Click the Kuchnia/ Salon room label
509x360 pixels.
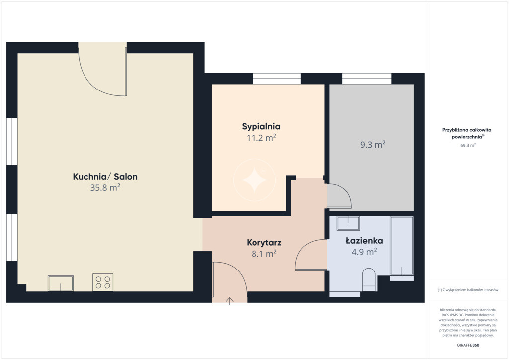click(x=105, y=177)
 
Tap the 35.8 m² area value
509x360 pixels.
click(x=105, y=188)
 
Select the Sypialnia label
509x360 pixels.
click(x=261, y=127)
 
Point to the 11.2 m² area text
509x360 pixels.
click(x=261, y=138)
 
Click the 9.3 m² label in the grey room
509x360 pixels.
click(x=373, y=145)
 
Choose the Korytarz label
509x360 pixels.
click(x=264, y=243)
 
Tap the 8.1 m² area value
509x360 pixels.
click(x=264, y=254)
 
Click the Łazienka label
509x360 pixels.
click(x=364, y=241)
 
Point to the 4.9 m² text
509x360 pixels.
click(x=364, y=252)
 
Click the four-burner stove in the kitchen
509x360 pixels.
click(x=103, y=282)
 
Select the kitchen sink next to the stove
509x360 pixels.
click(x=61, y=283)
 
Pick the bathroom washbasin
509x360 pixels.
click(x=348, y=223)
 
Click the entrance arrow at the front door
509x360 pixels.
click(x=230, y=301)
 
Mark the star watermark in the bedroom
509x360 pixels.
click(x=254, y=180)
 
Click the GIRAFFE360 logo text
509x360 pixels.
click(x=468, y=345)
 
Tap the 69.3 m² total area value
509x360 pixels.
click(x=468, y=145)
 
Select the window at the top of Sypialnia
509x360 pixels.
click(x=276, y=79)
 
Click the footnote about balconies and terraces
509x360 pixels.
click(x=468, y=290)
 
